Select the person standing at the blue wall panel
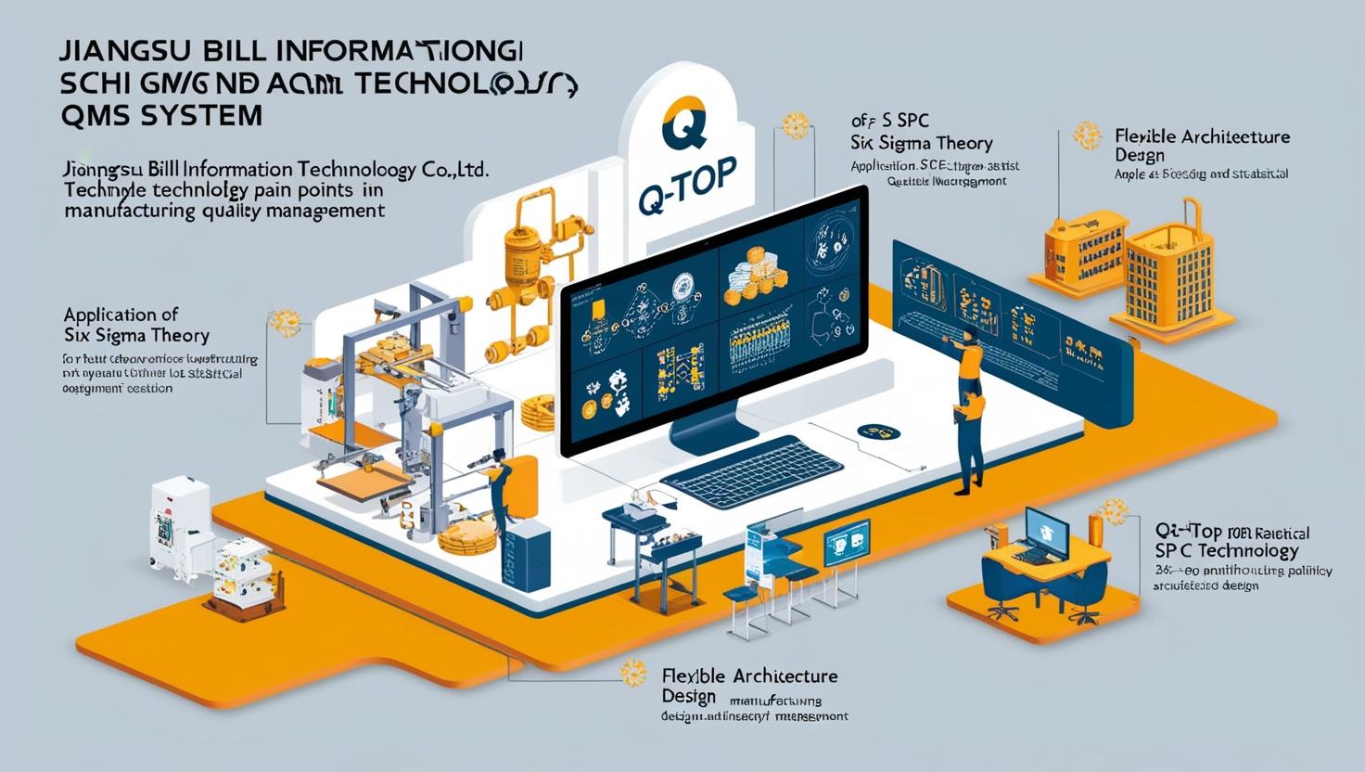[968, 408]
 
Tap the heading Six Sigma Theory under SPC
[922, 143]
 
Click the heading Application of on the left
[121, 314]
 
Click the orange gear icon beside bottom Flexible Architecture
[633, 673]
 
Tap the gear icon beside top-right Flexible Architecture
[1086, 135]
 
